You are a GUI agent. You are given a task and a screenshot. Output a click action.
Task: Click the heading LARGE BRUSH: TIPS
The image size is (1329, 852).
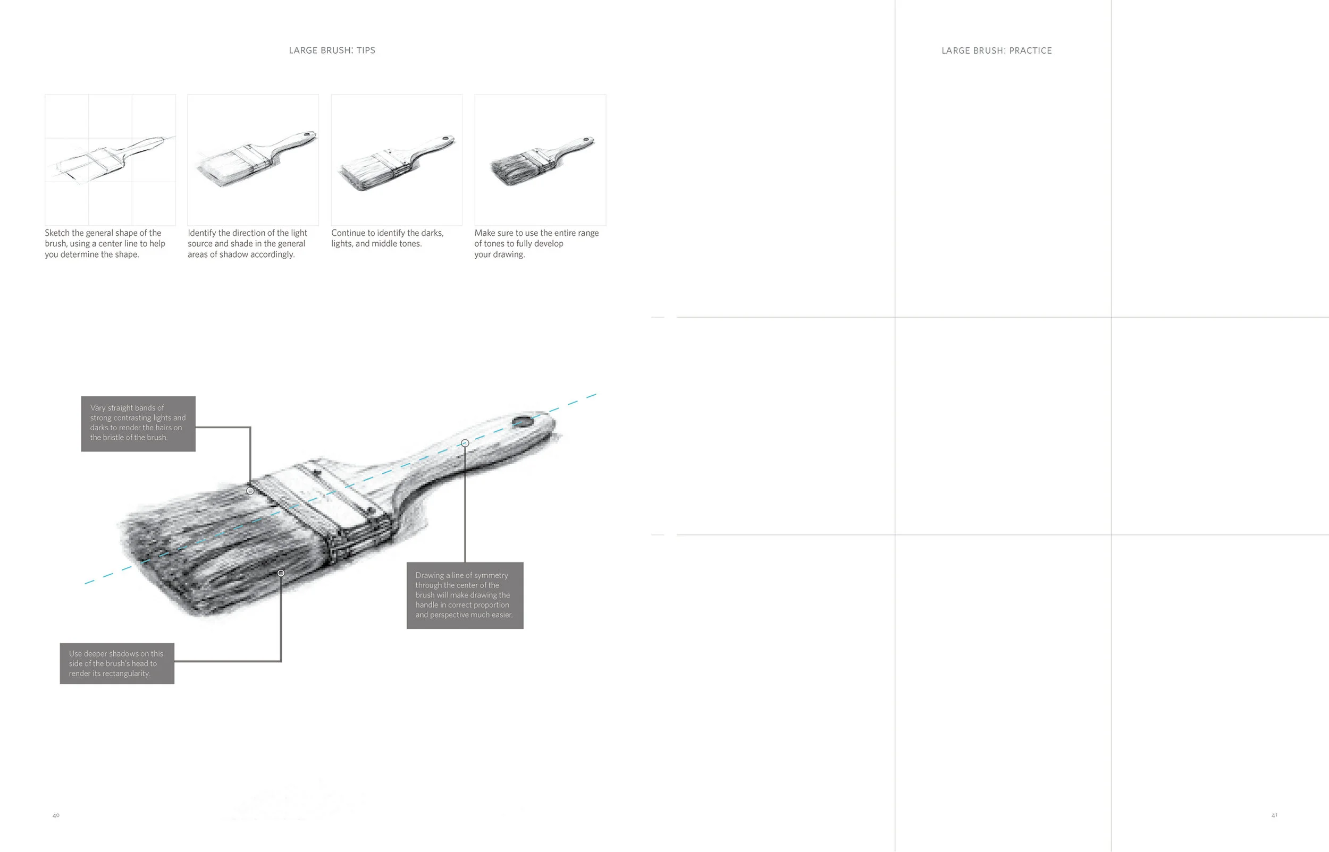[x=332, y=50]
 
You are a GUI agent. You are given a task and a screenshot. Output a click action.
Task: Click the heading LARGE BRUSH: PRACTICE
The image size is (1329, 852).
[x=996, y=51]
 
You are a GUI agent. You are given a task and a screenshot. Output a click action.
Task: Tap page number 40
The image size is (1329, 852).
[x=56, y=815]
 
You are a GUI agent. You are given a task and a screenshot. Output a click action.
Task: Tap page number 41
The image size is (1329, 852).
[x=1274, y=815]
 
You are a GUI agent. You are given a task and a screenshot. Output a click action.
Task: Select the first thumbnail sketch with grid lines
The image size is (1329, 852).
[x=110, y=159]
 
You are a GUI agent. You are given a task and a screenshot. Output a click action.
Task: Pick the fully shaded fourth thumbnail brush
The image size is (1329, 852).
[x=540, y=159]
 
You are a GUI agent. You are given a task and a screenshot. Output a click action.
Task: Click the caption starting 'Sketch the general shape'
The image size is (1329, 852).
[x=105, y=243]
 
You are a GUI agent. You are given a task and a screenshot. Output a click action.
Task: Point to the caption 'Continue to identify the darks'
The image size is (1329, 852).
[x=387, y=238]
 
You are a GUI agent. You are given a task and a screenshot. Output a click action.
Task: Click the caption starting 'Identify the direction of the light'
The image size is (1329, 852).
[x=247, y=243]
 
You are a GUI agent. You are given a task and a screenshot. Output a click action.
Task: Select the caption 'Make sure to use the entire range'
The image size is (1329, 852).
[x=536, y=243]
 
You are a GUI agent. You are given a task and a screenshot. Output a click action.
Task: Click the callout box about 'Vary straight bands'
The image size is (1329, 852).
[x=138, y=423]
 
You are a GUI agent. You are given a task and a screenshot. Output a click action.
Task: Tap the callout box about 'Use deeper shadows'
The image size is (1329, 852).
[x=117, y=663]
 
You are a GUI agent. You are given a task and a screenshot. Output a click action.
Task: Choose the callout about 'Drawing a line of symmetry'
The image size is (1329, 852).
[x=465, y=595]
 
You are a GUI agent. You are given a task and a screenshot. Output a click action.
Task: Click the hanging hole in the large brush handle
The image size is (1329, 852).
[x=522, y=423]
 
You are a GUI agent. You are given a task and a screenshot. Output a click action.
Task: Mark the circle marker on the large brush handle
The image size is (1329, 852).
[x=465, y=443]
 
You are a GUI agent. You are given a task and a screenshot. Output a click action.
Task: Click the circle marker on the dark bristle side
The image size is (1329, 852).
[x=281, y=573]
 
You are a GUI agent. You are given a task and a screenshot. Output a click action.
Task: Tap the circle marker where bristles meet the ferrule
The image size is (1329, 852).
[x=250, y=491]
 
